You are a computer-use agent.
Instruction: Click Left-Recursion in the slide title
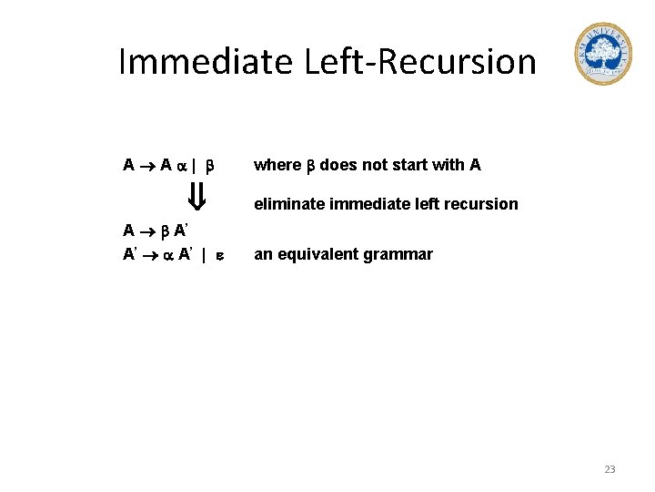point(410,62)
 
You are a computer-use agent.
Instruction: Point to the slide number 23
point(610,469)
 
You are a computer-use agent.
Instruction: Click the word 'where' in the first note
point(277,165)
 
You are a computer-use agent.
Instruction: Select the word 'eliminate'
point(289,204)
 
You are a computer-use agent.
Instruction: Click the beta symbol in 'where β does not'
point(309,166)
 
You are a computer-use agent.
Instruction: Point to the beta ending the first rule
point(209,166)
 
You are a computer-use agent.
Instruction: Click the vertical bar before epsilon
point(204,255)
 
